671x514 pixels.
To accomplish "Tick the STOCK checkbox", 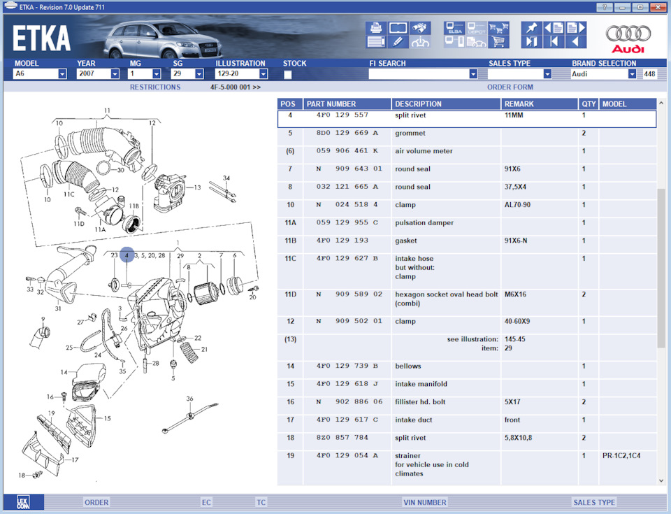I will click(x=288, y=74).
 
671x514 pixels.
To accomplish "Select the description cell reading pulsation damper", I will click(x=424, y=223).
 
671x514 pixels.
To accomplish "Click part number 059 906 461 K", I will click(x=346, y=151).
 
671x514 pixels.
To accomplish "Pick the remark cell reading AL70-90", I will click(x=517, y=205).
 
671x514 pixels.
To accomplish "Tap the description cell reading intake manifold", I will click(x=421, y=384).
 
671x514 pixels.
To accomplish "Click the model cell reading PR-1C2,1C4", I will click(x=621, y=456).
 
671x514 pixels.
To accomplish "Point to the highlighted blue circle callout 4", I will click(x=127, y=256).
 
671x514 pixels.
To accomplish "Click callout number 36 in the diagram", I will click(x=189, y=399).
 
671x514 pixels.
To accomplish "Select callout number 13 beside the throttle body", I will click(x=197, y=187).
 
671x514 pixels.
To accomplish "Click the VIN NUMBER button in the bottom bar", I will click(x=424, y=502).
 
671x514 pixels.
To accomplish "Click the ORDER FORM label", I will click(x=510, y=87).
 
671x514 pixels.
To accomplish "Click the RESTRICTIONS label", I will click(x=154, y=87).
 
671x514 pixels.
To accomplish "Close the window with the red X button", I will click(x=658, y=7).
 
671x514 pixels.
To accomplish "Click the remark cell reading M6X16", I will click(x=516, y=294).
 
